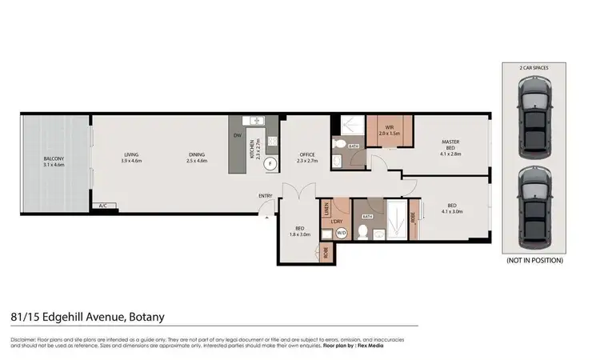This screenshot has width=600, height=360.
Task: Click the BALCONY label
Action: pyautogui.click(x=55, y=158)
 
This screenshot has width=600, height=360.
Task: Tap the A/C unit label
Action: pyautogui.click(x=102, y=206)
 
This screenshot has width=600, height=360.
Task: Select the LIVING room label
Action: pyautogui.click(x=131, y=154)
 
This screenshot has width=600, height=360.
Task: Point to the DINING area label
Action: pyautogui.click(x=197, y=154)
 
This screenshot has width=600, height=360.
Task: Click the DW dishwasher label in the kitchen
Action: pyautogui.click(x=237, y=135)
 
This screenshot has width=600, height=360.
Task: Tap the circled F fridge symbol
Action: pyautogui.click(x=270, y=163)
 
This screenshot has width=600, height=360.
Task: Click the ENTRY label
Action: pyautogui.click(x=265, y=196)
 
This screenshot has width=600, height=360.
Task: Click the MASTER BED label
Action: pyautogui.click(x=451, y=146)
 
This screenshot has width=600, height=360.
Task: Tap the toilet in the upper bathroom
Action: pyautogui.click(x=339, y=145)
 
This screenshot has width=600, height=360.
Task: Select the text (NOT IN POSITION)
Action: pyautogui.click(x=534, y=260)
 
